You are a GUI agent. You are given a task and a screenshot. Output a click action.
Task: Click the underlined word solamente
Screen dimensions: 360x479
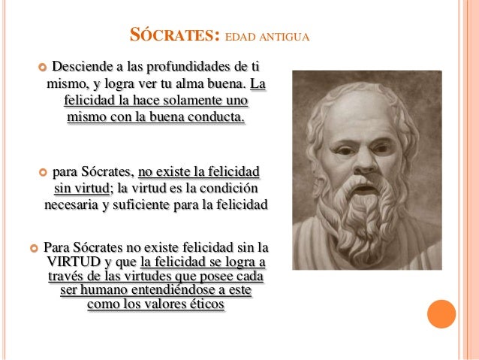(x=194, y=100)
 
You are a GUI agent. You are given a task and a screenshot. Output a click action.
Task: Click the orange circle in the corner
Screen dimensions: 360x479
(x=441, y=314)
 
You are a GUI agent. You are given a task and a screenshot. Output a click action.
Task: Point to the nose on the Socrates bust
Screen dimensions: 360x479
(x=360, y=157)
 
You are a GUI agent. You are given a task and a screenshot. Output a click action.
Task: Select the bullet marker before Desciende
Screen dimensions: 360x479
(x=42, y=67)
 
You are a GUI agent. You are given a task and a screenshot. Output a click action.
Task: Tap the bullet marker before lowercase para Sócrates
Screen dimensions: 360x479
(x=42, y=171)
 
